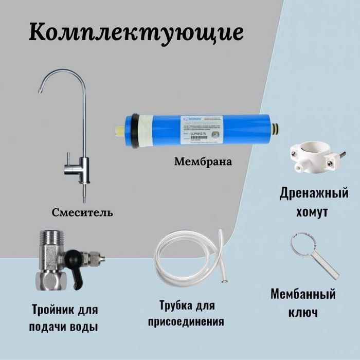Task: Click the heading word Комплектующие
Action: point(136,32)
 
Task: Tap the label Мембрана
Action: point(203,162)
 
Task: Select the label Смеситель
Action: point(82,212)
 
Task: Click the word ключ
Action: point(303,312)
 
